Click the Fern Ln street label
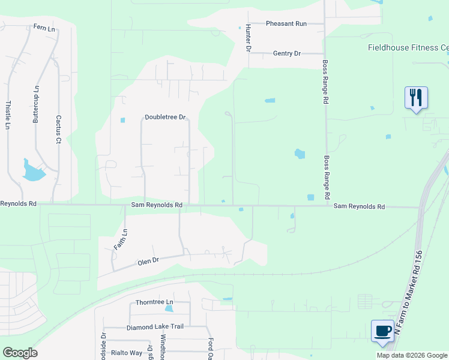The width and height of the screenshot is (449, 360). point(44,27)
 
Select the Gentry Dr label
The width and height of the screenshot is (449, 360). point(286,53)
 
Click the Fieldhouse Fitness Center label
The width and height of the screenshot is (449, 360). point(408,47)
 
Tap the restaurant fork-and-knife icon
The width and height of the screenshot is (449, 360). point(415,97)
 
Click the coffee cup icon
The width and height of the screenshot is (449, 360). point(382,331)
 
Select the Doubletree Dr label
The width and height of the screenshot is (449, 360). point(166,118)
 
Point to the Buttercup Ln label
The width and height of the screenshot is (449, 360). point(36,104)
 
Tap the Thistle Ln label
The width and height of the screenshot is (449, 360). point(8,115)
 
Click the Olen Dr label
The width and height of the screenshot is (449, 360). point(148,261)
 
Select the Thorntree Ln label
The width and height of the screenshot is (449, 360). point(154,302)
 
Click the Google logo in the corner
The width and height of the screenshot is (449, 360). point(20,353)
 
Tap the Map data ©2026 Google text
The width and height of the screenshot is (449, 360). point(412,355)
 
